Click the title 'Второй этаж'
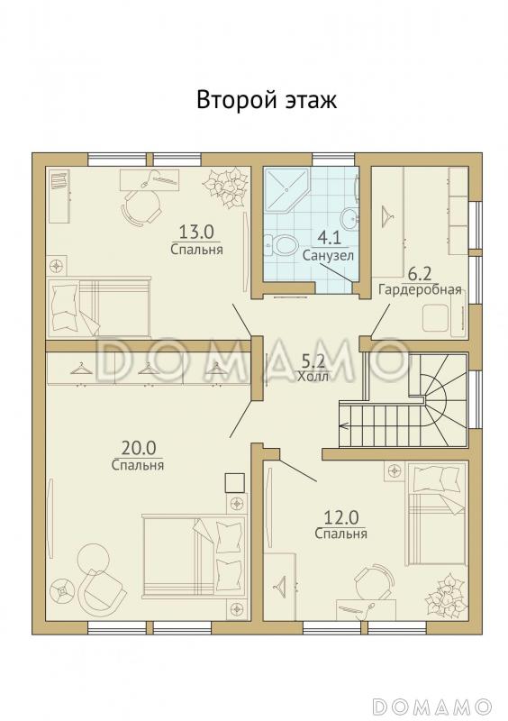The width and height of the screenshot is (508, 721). click(267, 100)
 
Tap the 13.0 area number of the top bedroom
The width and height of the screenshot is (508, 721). click(196, 233)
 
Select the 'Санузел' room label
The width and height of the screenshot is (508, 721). click(328, 255)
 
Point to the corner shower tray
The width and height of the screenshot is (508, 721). click(285, 188)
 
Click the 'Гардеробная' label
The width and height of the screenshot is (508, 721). click(420, 289)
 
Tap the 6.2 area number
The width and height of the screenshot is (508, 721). click(419, 275)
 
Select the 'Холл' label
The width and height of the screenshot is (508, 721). click(313, 377)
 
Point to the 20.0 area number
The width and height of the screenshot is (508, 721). click(139, 447)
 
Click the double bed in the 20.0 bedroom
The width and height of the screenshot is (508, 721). click(194, 556)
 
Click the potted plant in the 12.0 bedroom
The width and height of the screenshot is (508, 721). click(446, 595)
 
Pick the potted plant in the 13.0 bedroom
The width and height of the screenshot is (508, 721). click(227, 187)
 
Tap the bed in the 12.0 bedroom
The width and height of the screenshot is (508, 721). click(436, 514)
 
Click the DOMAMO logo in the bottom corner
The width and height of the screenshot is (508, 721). click(432, 705)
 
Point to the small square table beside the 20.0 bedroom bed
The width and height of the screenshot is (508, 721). click(233, 483)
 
